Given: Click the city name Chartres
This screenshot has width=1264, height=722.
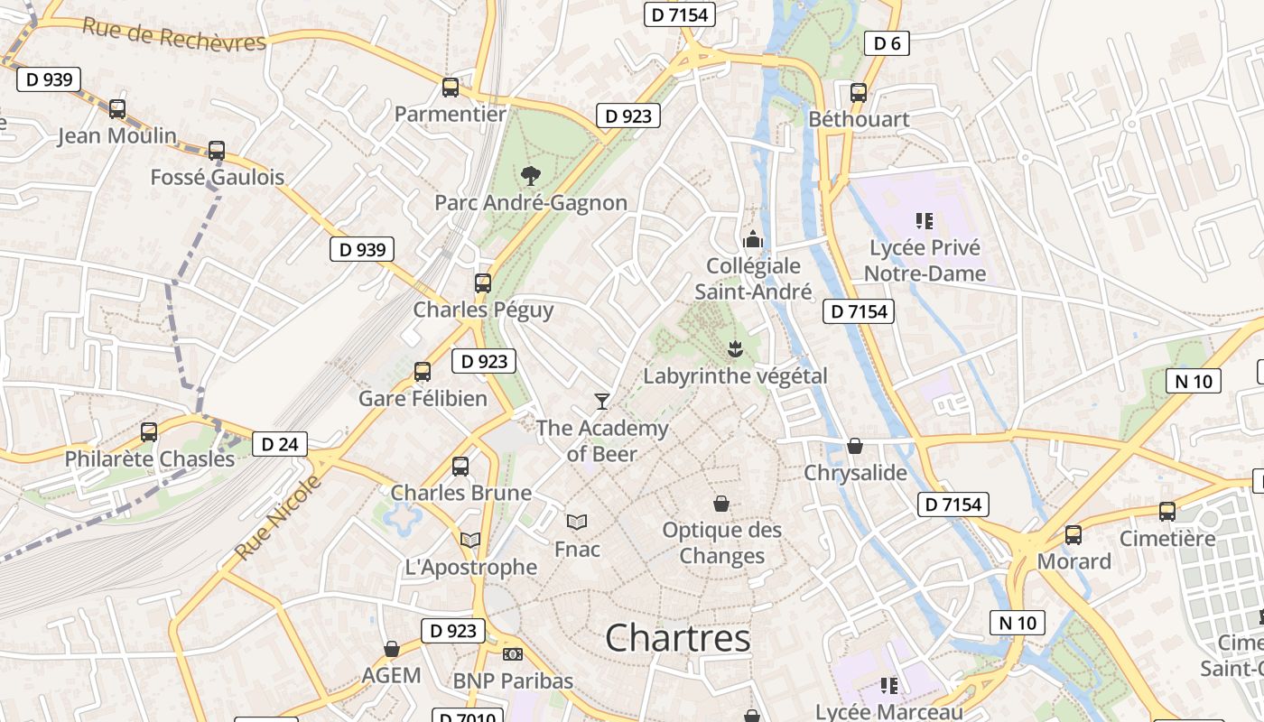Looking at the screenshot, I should coord(677,638).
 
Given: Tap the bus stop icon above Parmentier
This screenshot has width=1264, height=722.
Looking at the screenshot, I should coord(451,88).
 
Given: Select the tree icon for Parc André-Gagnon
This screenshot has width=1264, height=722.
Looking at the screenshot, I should coord(531,175).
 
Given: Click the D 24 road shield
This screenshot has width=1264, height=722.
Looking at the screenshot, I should coord(279,444).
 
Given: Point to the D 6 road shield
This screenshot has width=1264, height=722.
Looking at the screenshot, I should coord(886,42).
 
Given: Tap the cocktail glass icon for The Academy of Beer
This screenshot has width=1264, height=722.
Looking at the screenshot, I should coord(602,401).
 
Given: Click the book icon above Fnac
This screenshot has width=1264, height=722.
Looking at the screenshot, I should coord(577,522).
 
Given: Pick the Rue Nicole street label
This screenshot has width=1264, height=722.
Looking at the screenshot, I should coord(278,517).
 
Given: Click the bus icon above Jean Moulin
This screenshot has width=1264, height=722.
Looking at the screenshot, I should coord(117,109).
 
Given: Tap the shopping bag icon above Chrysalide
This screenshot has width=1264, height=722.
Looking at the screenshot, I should coord(855,446).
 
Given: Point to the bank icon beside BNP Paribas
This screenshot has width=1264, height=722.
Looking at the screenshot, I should coord(513,654).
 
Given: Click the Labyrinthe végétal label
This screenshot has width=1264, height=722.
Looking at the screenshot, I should coord(735,375).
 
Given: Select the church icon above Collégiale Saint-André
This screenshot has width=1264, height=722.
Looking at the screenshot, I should coord(752,239).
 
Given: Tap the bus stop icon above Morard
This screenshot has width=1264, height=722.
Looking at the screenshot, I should coord(1073,534).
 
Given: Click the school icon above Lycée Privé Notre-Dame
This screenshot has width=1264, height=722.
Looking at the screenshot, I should coord(924,220).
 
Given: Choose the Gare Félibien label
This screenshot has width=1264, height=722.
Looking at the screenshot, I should coord(423,398).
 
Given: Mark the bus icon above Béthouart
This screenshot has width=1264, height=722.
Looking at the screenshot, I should coord(859,92).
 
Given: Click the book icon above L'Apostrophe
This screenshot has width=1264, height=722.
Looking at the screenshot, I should coord(470,541).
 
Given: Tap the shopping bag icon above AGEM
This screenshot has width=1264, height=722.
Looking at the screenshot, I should coord(392,649).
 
